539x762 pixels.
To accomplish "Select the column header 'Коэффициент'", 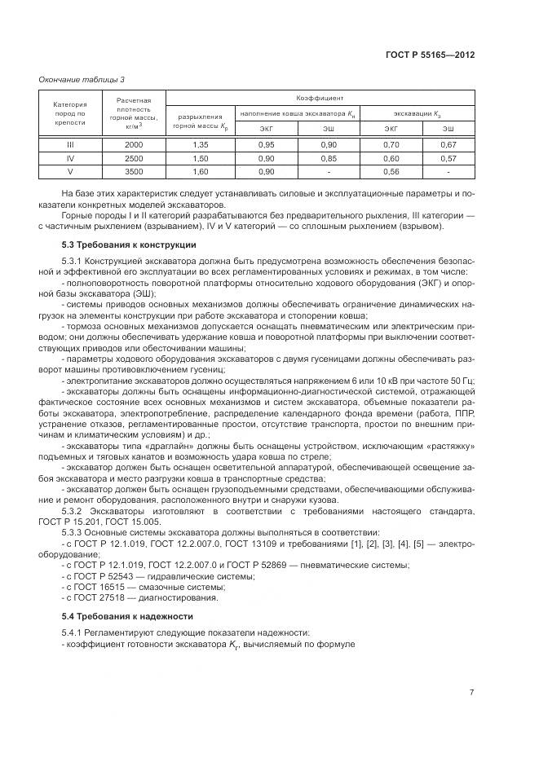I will coord(319,97).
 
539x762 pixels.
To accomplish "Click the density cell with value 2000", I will coord(134,144).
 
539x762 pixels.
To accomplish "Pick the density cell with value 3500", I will coord(134,172).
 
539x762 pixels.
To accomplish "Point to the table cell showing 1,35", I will coord(199,144).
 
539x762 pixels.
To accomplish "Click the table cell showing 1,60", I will coord(199,172).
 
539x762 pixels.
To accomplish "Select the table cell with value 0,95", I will coord(266,144).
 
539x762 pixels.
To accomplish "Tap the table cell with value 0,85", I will coord(328,158).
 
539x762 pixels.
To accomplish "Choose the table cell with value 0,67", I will coord(448,144).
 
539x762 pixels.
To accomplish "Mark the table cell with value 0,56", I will coord(391,172).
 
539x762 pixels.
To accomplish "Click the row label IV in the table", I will coord(70,158).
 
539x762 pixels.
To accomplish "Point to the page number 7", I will coord(471,693).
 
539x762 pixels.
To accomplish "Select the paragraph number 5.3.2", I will coord(75,511).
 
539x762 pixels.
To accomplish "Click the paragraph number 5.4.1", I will coord(75,632).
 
